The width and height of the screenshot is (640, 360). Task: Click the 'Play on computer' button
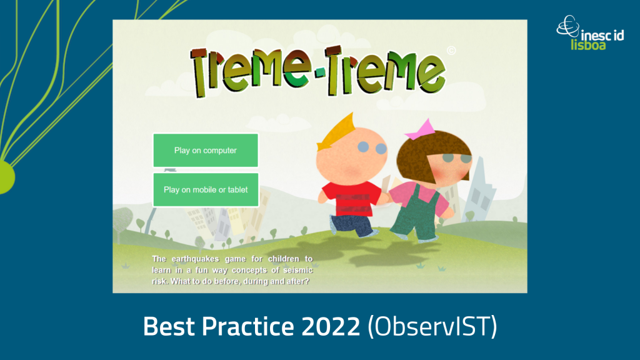[x=206, y=150]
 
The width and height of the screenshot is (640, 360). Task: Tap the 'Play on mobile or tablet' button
[x=206, y=190]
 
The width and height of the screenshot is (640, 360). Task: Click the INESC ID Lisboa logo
[x=590, y=33]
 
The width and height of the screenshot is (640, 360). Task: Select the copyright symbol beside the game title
[x=451, y=51]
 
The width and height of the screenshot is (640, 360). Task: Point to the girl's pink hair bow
[x=421, y=130]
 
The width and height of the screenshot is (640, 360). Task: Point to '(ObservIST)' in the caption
[x=432, y=326]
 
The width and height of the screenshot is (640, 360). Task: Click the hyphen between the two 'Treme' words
[x=321, y=72]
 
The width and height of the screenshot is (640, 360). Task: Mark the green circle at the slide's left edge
[x=6, y=177]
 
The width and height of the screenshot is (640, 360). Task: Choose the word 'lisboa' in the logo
[x=588, y=44]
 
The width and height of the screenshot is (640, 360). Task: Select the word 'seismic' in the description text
[x=297, y=270]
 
